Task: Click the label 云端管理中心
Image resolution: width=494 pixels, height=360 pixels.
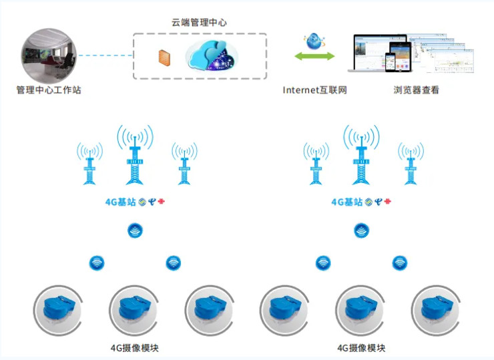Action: pyautogui.click(x=199, y=22)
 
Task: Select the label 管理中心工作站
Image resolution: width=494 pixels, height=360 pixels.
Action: pyautogui.click(x=49, y=89)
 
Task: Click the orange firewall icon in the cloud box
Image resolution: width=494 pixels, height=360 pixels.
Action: pyautogui.click(x=164, y=57)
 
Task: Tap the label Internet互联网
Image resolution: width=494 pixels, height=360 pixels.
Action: pyautogui.click(x=314, y=89)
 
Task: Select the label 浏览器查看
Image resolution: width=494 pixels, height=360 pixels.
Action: pyautogui.click(x=417, y=89)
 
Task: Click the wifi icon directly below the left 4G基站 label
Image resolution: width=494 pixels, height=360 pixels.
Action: pyautogui.click(x=135, y=231)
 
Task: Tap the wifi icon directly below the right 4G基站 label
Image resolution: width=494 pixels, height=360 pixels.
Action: pyautogui.click(x=361, y=231)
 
